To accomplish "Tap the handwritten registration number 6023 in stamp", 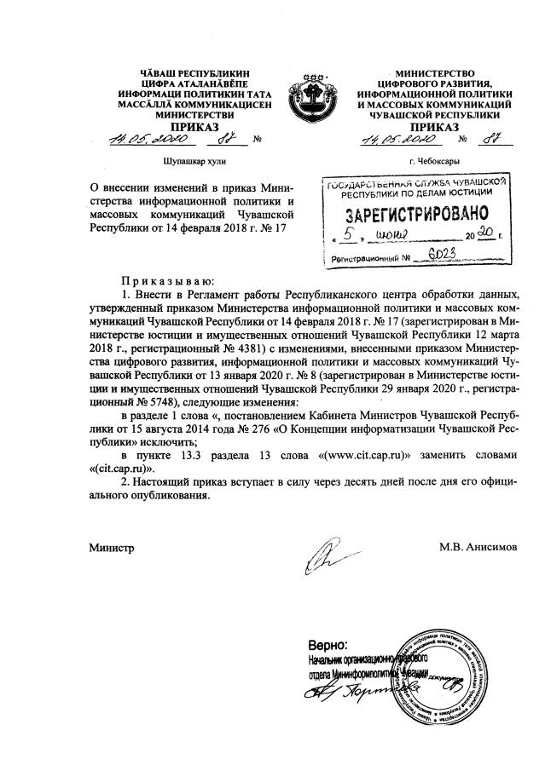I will tap(440, 254).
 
